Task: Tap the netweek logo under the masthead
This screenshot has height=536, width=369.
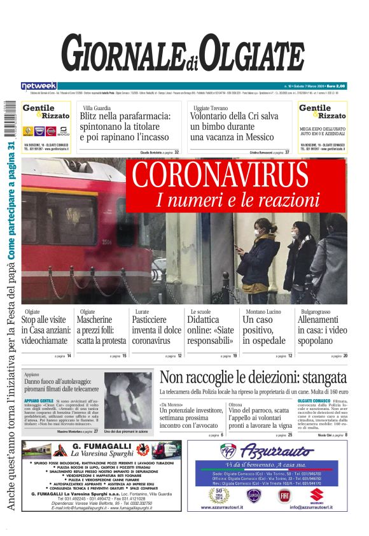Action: point(39,86)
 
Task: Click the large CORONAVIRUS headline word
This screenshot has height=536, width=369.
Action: point(234,176)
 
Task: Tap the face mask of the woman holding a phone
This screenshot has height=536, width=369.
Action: point(258,232)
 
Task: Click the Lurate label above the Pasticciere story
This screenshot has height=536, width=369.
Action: point(142,312)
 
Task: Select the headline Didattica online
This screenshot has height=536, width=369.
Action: point(211,330)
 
